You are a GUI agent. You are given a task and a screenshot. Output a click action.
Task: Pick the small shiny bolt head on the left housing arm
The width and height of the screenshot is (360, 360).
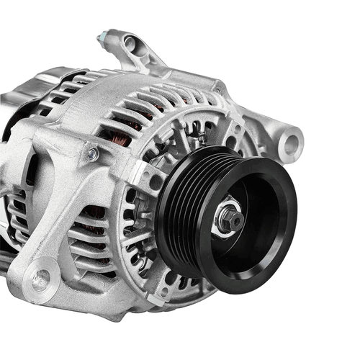92,153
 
